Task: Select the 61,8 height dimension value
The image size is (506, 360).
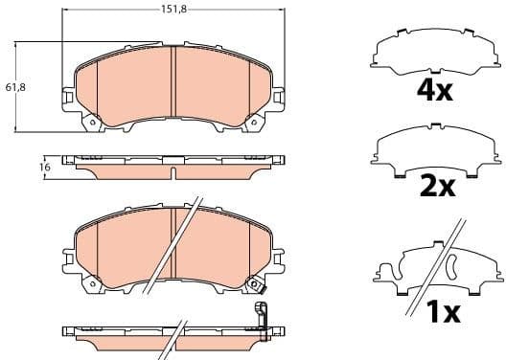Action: click(15, 87)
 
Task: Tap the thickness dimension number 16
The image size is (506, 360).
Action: click(44, 167)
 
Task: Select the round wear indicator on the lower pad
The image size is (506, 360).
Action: click(255, 284)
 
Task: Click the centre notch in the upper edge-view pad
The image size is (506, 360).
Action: click(173, 171)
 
